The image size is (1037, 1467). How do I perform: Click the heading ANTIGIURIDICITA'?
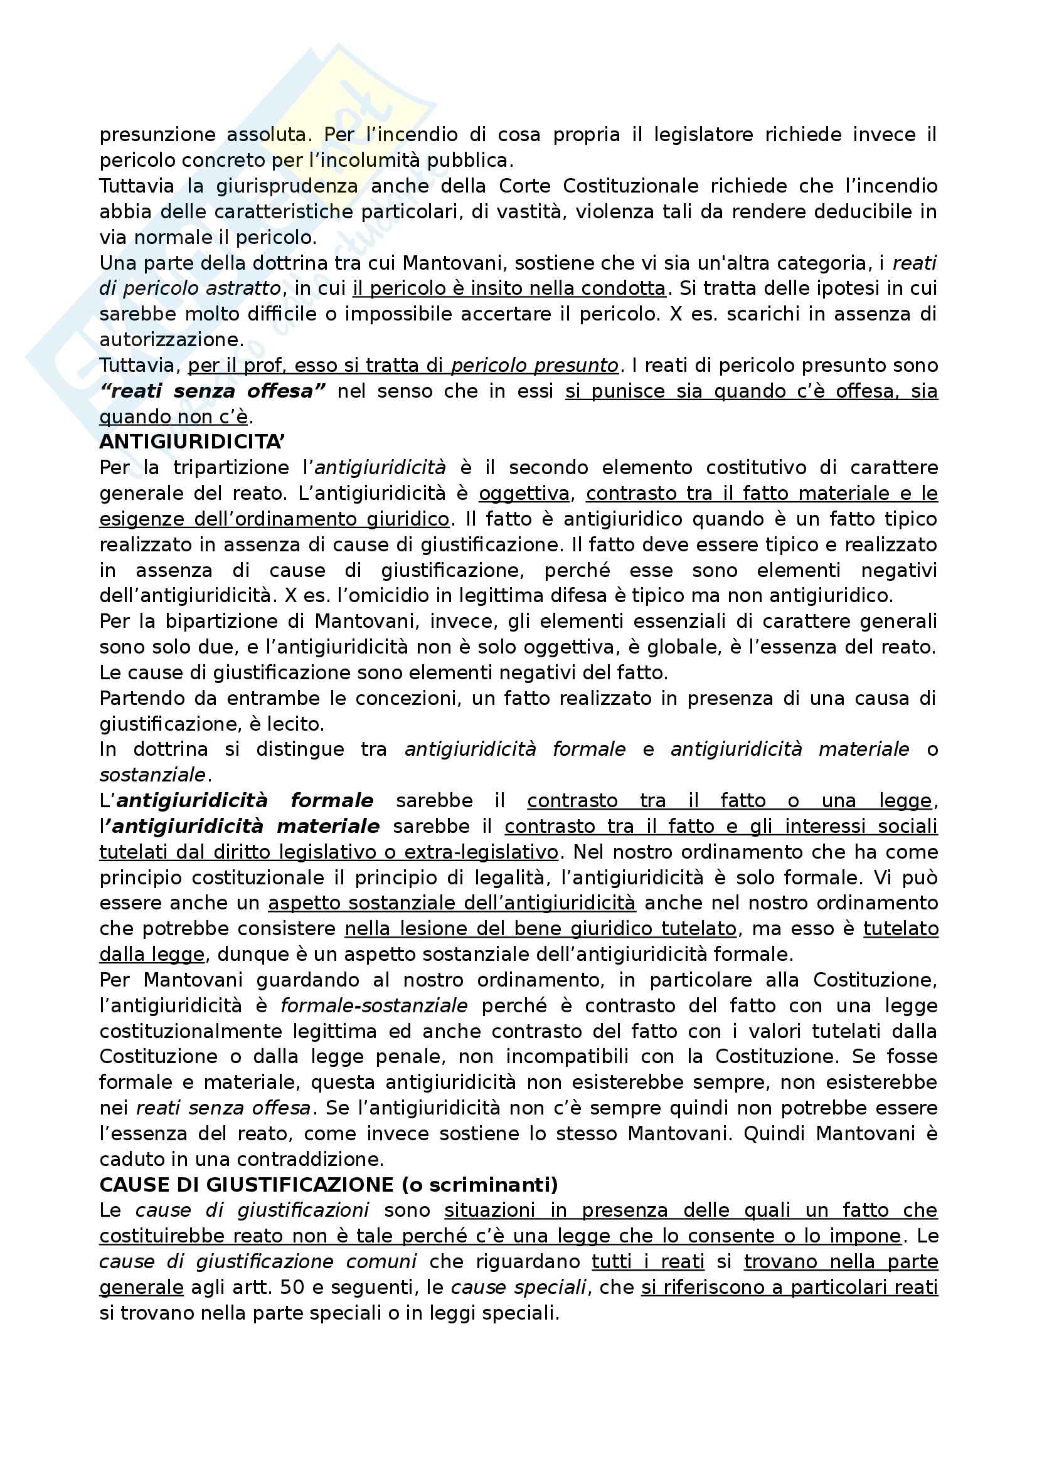[192, 442]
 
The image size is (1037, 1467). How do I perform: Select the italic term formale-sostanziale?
[374, 1005]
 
